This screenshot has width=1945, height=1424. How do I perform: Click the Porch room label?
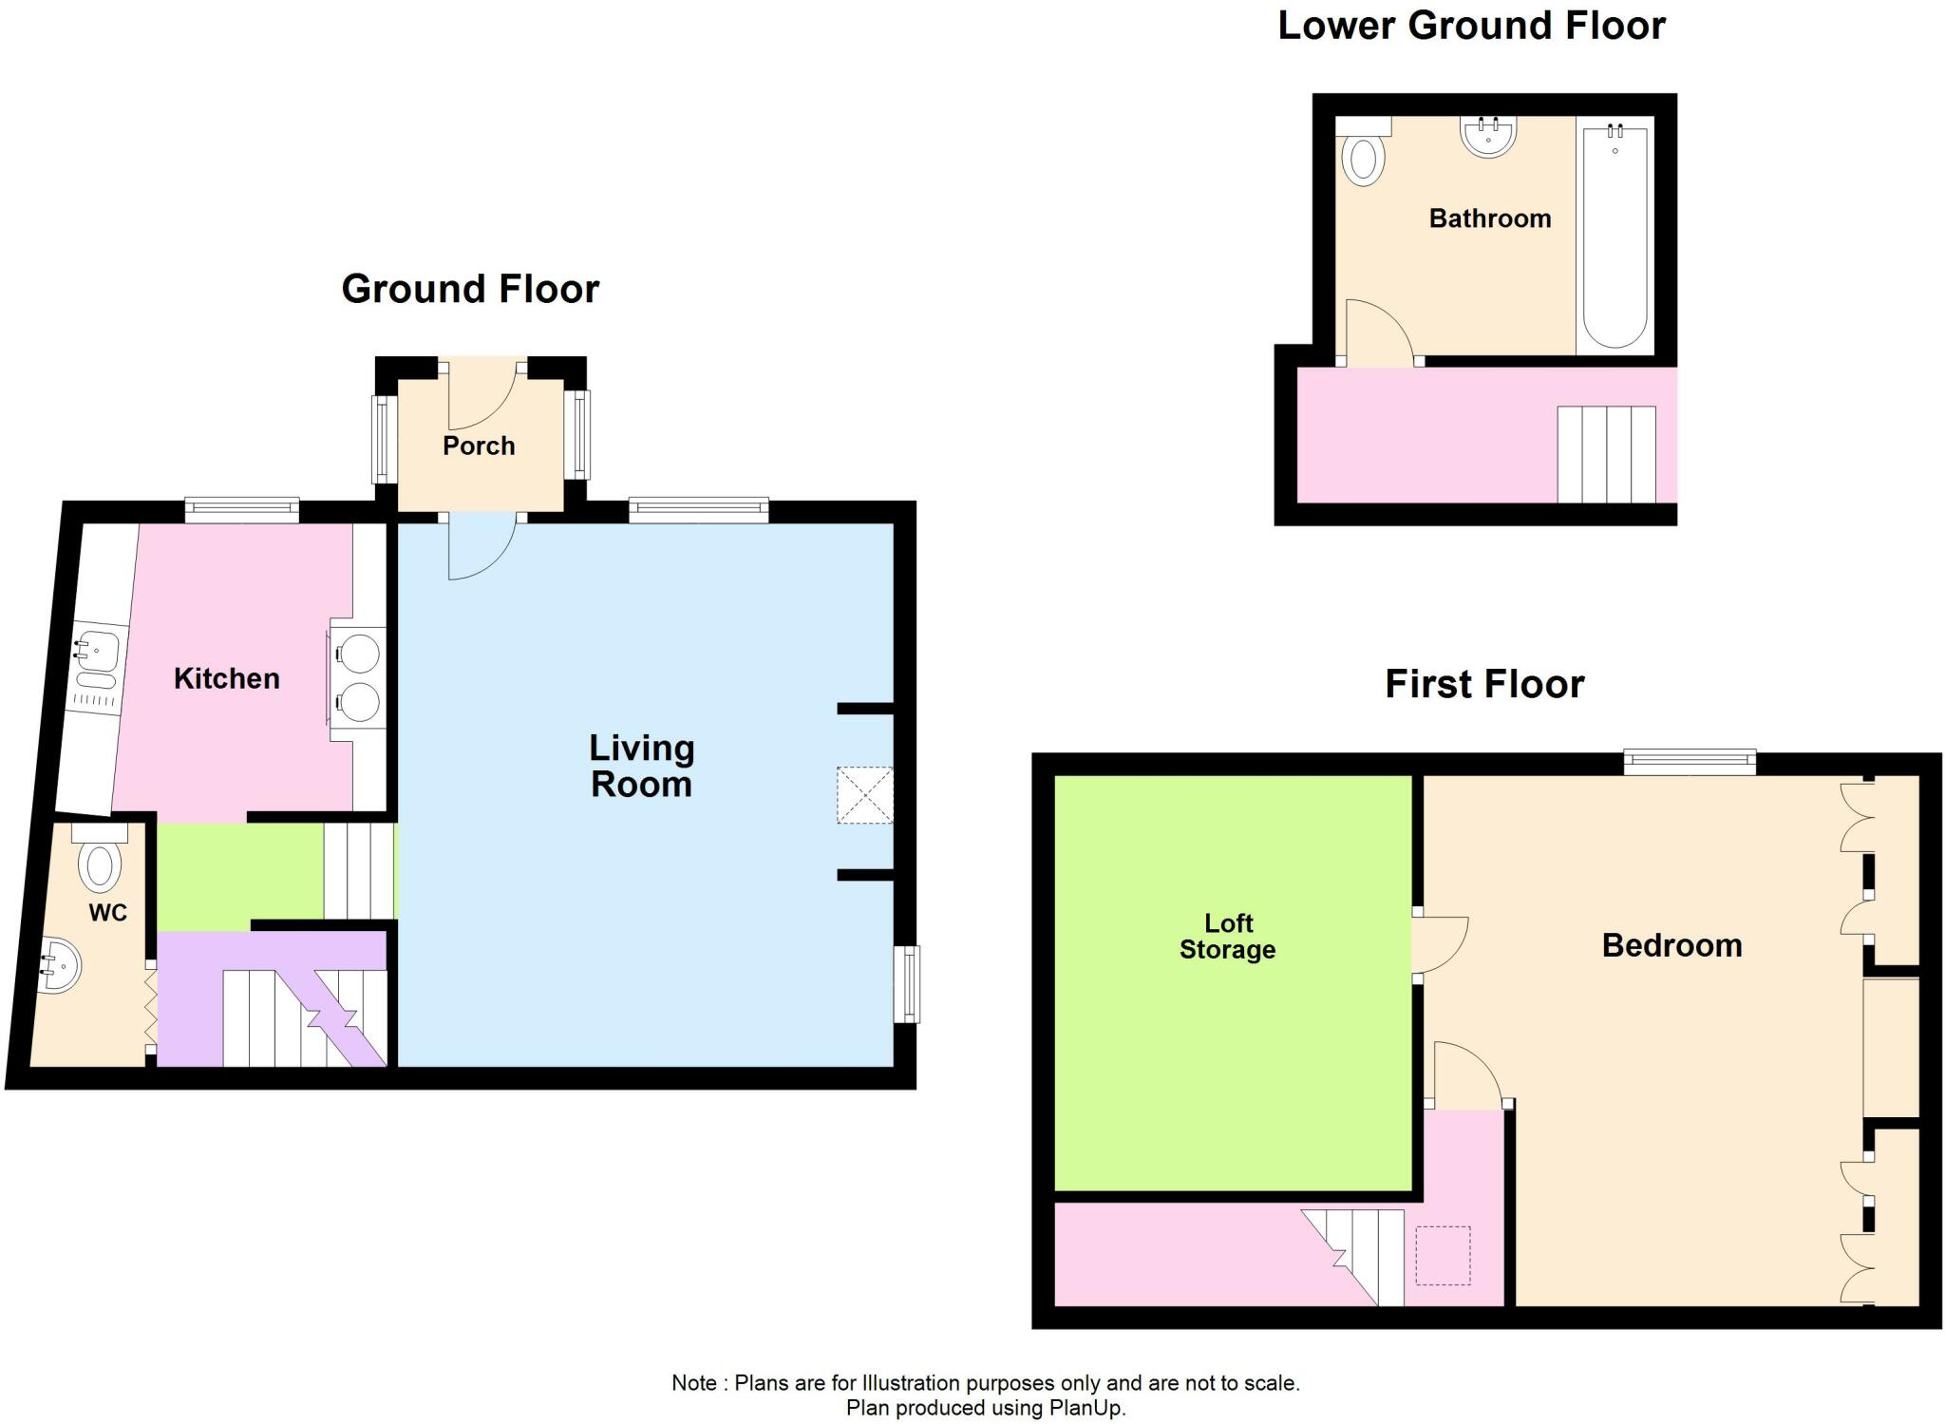(479, 446)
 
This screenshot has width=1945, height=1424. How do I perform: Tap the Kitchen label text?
(227, 678)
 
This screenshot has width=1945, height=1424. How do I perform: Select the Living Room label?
(642, 766)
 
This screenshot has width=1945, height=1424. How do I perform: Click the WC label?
(108, 913)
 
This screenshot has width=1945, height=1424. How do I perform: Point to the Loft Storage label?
(1228, 937)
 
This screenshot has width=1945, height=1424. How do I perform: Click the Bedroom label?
(1672, 945)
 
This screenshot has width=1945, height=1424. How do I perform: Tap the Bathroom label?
(1490, 218)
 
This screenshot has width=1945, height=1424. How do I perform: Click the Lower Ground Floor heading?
(1472, 26)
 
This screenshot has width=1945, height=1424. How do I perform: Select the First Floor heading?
(1485, 684)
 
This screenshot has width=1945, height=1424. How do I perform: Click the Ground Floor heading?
(471, 289)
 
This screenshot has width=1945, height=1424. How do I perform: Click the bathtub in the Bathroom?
(1615, 236)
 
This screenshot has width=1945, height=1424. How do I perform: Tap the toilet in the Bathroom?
(1362, 151)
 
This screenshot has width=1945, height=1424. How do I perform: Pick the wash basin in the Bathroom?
(1488, 135)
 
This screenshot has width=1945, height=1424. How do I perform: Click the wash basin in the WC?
(57, 964)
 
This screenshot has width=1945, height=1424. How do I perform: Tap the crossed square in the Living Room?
(865, 795)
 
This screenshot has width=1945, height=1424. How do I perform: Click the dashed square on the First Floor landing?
(1444, 1256)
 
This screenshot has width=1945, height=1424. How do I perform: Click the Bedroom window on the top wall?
(1690, 763)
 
